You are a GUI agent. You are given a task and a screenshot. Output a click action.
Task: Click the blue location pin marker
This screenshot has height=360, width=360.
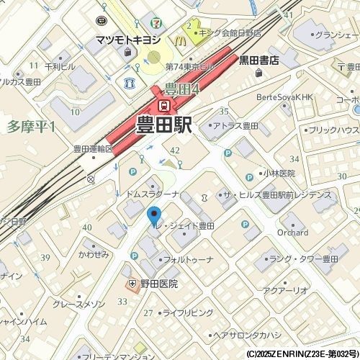click(153, 215)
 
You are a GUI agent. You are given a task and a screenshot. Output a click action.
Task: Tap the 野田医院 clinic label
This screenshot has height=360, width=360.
click(158, 284)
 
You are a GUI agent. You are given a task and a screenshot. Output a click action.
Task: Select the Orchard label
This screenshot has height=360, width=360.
click(292, 233)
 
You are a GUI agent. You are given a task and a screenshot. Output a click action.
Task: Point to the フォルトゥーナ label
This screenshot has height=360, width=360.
click(189, 259)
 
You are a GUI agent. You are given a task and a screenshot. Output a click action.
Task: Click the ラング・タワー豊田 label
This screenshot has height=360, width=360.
click(305, 259)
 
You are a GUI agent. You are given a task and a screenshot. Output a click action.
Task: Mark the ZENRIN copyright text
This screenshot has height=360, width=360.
click(302, 354)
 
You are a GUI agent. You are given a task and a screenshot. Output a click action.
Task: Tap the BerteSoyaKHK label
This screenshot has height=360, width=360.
click(287, 96)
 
